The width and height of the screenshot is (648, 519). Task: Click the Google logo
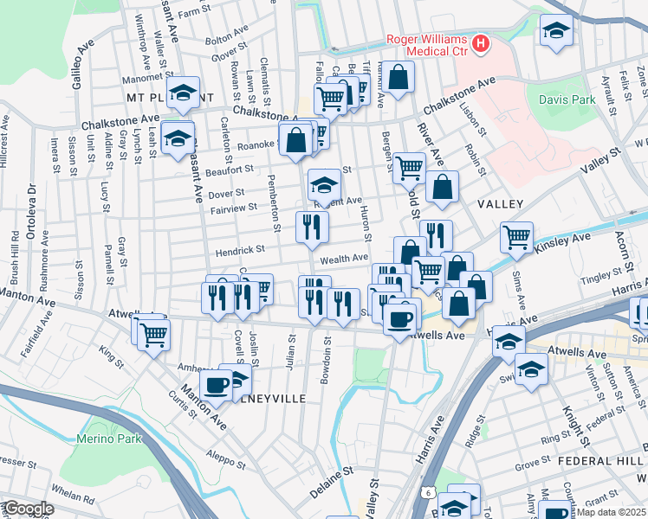click(29, 509)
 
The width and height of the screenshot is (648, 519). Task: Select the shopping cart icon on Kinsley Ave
click(516, 236)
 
